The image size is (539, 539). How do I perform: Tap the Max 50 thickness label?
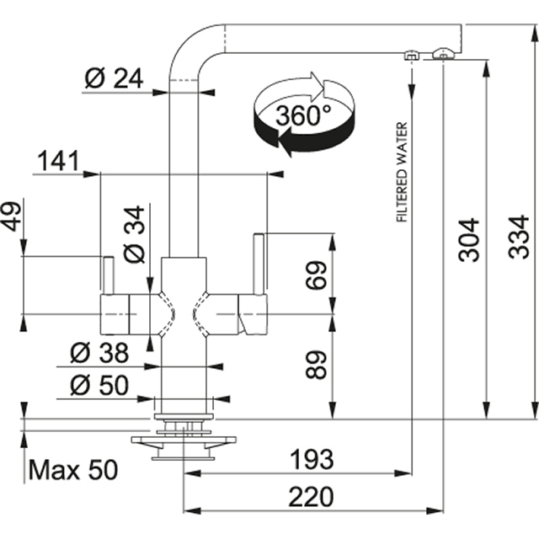click(x=73, y=470)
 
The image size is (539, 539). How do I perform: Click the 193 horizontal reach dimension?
click(x=312, y=460)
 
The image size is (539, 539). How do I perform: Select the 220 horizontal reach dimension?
click(x=312, y=495)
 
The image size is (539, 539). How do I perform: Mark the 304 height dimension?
click(x=469, y=240)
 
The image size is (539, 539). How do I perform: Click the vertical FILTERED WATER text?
click(x=402, y=173)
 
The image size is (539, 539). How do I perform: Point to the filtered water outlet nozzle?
click(x=411, y=56)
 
